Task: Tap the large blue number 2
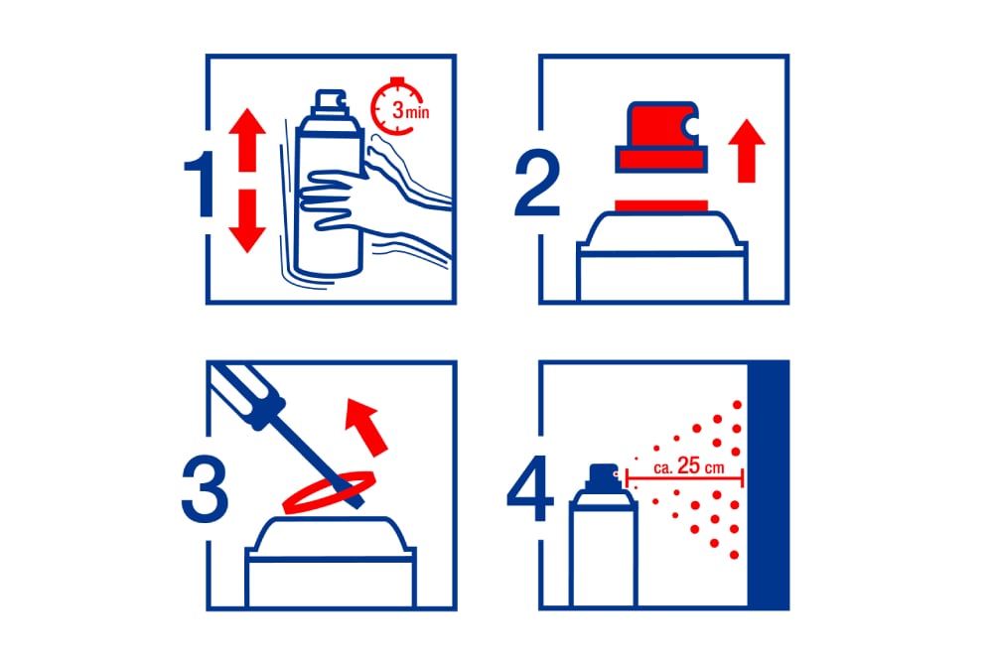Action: click(537, 185)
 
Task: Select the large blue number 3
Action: click(205, 490)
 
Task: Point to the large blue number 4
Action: click(530, 488)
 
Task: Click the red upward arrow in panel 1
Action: click(247, 139)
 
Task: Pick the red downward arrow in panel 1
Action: click(247, 221)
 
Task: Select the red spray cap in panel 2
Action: click(660, 137)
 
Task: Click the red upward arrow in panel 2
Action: click(747, 151)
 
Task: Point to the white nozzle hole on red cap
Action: click(691, 127)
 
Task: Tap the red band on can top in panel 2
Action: click(661, 205)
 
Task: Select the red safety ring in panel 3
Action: click(330, 491)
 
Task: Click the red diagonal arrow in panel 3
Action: click(366, 427)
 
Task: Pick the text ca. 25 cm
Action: click(688, 467)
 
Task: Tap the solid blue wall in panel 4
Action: click(768, 484)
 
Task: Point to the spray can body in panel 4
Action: click(603, 551)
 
